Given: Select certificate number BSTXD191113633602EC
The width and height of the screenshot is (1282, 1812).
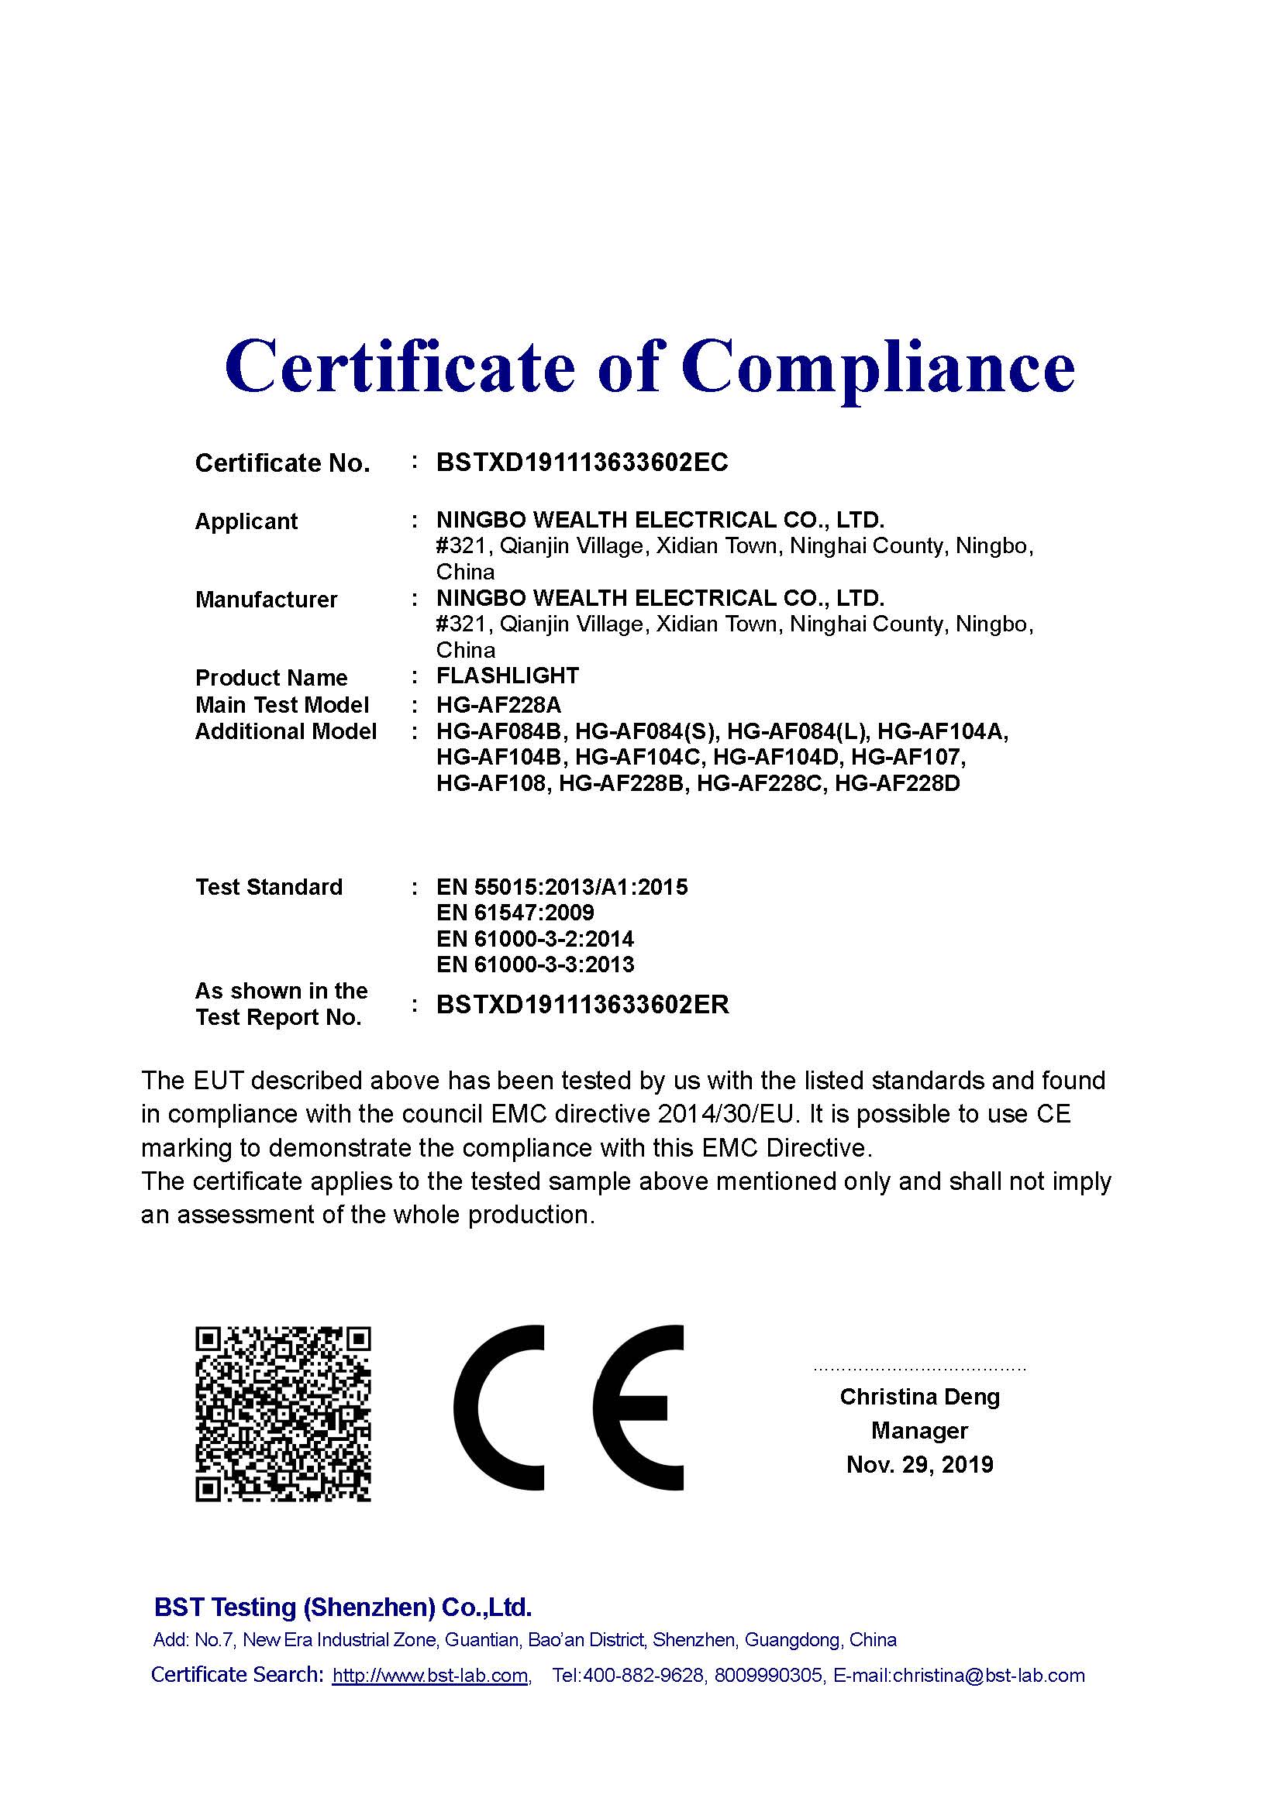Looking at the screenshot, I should tap(582, 462).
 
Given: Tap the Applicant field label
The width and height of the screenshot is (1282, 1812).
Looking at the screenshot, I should tap(246, 521).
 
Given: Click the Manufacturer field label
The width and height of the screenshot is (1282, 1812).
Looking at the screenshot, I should tap(266, 600).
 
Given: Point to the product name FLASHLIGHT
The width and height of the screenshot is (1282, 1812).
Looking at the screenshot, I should tap(508, 676).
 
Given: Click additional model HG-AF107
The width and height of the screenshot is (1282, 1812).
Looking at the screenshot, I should tap(907, 758).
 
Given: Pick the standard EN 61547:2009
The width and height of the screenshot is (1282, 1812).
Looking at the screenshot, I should tap(515, 913).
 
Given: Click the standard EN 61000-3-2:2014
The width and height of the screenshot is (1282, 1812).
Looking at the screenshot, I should tap(535, 939).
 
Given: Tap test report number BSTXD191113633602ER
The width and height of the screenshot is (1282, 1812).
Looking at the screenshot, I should tap(583, 1005).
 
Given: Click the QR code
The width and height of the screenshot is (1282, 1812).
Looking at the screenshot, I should tap(283, 1414).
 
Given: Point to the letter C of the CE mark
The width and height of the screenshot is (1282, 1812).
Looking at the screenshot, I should tap(499, 1408).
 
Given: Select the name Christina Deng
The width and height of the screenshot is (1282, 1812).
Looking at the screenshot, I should tap(919, 1397).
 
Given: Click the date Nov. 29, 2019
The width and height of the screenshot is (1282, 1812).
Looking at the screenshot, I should tap(919, 1465).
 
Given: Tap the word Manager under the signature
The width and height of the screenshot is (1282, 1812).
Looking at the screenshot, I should tap(919, 1431).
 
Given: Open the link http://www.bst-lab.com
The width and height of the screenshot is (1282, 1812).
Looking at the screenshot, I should tap(430, 1676).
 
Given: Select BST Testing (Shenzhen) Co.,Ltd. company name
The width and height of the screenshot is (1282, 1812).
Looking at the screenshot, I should tap(343, 1607).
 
